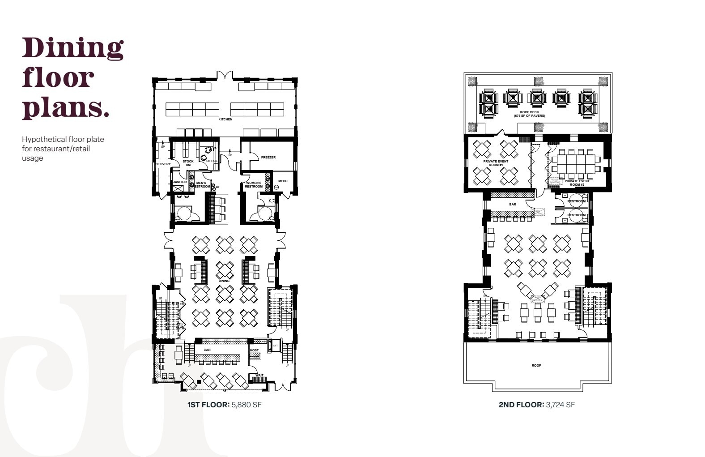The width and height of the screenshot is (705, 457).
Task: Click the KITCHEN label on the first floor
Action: pos(225,120)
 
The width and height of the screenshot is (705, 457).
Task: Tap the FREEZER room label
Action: pos(268,158)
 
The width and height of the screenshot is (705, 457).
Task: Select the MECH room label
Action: pos(283,181)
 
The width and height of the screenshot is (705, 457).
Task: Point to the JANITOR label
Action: pos(180,182)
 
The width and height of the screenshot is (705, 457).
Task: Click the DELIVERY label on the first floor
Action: pos(163,164)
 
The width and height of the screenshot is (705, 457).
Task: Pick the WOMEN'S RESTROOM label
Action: pos(254,184)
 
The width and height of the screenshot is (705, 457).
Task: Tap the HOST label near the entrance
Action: pos(254,350)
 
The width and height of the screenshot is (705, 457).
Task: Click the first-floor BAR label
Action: pos(207,350)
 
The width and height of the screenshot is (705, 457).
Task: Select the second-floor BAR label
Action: pos(513,205)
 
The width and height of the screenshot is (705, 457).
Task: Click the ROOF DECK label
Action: pos(529,114)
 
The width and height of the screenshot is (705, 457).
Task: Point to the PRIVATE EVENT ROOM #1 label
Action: pos(496,163)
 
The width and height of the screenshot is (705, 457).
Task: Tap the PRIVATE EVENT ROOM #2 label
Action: pos(577,183)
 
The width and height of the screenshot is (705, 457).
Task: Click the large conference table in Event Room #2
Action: pos(576,164)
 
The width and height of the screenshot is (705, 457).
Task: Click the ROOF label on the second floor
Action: pos(536,366)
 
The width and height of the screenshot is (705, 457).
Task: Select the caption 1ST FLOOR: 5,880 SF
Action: pos(224,405)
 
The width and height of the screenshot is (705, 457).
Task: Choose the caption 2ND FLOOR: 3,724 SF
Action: pos(536,405)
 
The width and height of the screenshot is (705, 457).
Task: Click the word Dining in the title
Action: pos(72,48)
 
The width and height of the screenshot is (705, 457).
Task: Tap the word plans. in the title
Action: pos(65,107)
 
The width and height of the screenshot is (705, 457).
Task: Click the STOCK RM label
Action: pos(188,163)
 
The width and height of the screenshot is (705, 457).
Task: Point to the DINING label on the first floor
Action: pos(224,281)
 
